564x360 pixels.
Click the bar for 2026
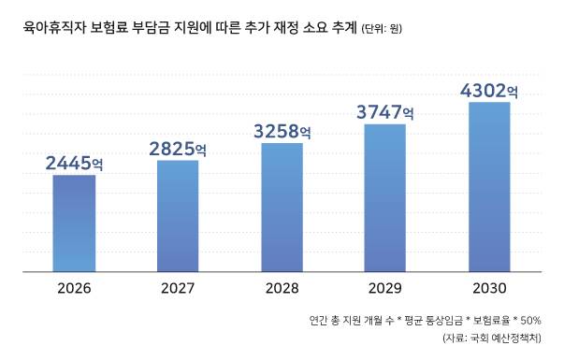point(74,223)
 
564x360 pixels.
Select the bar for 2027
point(178,216)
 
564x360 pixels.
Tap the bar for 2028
point(282,208)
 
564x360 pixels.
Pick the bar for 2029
point(384,197)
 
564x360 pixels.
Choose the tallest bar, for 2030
point(488,187)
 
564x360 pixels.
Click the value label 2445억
point(74,164)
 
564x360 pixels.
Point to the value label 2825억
point(178,148)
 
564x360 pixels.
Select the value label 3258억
point(282,130)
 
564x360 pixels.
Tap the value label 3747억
point(384,111)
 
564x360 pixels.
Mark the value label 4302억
point(488,91)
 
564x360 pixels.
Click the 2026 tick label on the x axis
point(74,288)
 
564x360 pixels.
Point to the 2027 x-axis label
point(178,288)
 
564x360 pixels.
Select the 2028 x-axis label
point(282,288)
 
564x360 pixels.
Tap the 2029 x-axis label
point(384,288)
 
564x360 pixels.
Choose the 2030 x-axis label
point(488,288)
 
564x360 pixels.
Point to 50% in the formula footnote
point(542,320)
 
